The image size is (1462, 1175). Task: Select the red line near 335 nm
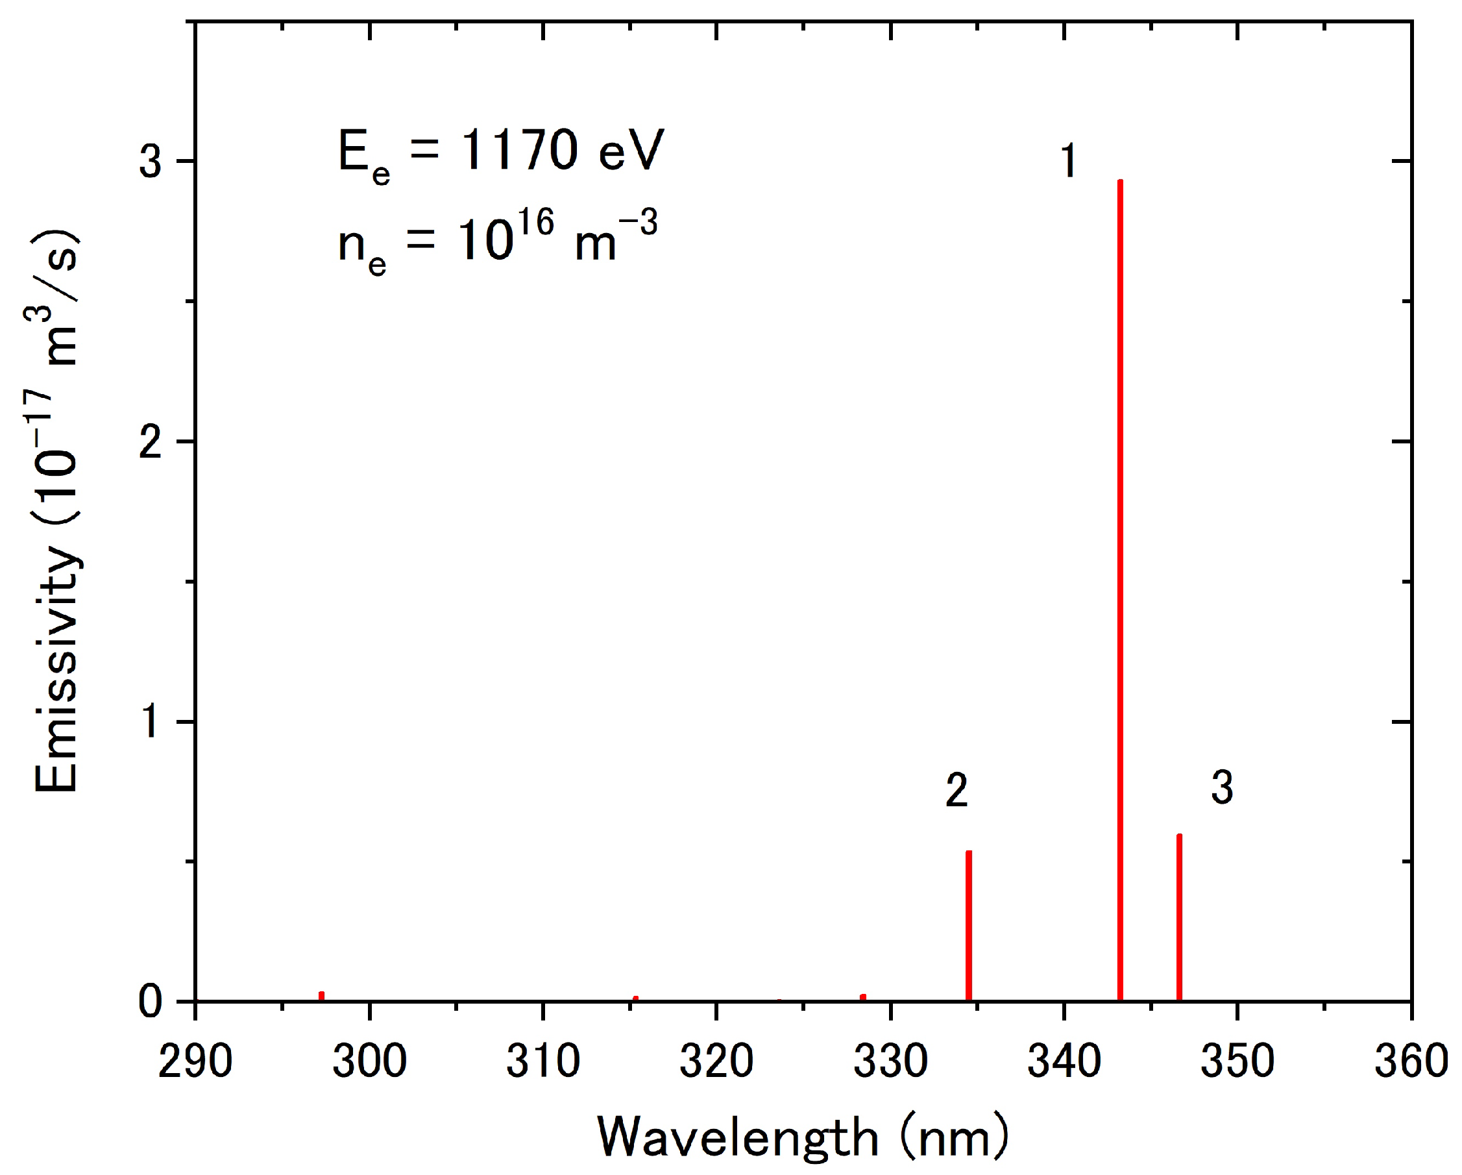tap(968, 925)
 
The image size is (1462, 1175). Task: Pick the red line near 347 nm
tap(1179, 917)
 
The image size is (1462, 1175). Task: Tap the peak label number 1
tap(1068, 162)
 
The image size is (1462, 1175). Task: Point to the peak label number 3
tap(1221, 787)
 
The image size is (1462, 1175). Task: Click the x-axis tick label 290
tap(195, 1061)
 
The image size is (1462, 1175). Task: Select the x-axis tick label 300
tap(370, 1061)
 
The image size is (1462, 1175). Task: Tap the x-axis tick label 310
tap(543, 1061)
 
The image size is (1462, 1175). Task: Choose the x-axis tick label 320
tap(717, 1061)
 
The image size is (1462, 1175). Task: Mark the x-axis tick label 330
tap(890, 1061)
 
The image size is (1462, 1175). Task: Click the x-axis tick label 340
tap(1064, 1061)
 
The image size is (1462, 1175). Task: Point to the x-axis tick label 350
tap(1237, 1061)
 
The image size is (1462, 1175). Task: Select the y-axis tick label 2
tap(151, 441)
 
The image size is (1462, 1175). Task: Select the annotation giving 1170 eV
tap(500, 153)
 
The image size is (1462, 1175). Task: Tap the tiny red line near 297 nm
tap(321, 996)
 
